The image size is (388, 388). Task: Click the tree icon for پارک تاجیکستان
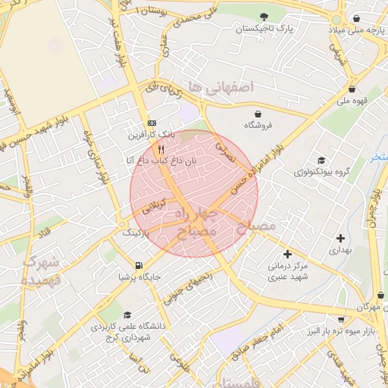pyautogui.click(x=263, y=17)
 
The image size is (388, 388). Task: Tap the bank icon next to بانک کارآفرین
pyautogui.click(x=152, y=124)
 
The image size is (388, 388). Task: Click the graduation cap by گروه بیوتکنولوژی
pyautogui.click(x=321, y=160)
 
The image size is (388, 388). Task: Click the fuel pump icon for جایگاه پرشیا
pyautogui.click(x=138, y=265)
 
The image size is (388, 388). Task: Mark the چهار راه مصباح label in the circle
pyautogui.click(x=202, y=224)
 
